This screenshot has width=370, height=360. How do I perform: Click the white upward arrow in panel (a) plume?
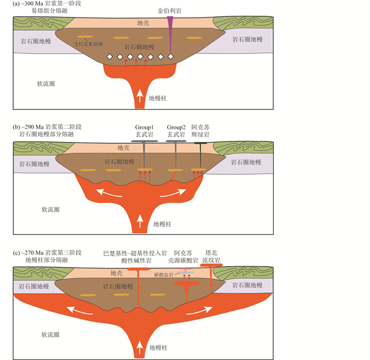click(x=140, y=96)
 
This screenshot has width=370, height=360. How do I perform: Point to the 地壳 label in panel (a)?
click(x=143, y=23)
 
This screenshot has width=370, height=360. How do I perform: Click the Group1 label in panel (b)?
click(x=144, y=127)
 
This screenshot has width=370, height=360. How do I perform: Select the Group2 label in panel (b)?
click(x=175, y=127)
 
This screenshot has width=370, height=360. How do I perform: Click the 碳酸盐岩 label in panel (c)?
click(x=164, y=275)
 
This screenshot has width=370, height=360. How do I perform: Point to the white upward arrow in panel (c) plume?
click(x=140, y=346)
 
